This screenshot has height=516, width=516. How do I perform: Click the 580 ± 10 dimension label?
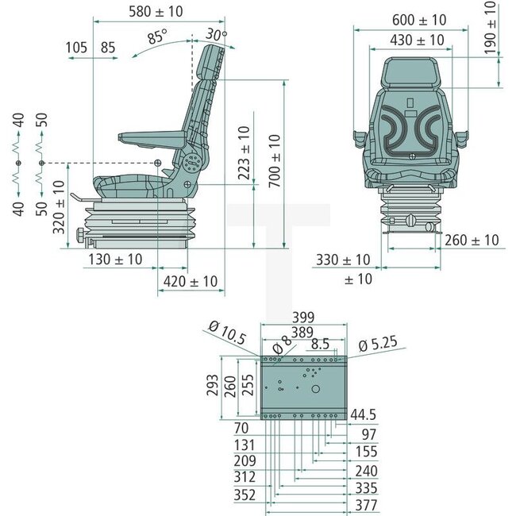(x=155, y=11)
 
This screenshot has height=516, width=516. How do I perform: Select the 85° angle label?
(x=157, y=37)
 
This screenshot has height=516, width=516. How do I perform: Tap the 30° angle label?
(x=215, y=34)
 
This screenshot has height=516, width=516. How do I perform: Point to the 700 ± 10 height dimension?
(x=274, y=161)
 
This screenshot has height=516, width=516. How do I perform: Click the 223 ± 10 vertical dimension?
(x=244, y=153)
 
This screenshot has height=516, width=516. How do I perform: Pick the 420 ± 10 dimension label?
(x=191, y=281)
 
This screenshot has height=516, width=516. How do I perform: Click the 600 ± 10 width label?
(x=419, y=20)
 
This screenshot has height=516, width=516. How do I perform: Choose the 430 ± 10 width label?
(x=417, y=40)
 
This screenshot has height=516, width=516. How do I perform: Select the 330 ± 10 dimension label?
(x=343, y=260)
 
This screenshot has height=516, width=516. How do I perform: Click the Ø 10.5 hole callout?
(x=225, y=325)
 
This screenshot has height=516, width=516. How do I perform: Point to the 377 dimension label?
(x=367, y=505)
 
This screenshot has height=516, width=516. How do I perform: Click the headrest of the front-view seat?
(x=410, y=75)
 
